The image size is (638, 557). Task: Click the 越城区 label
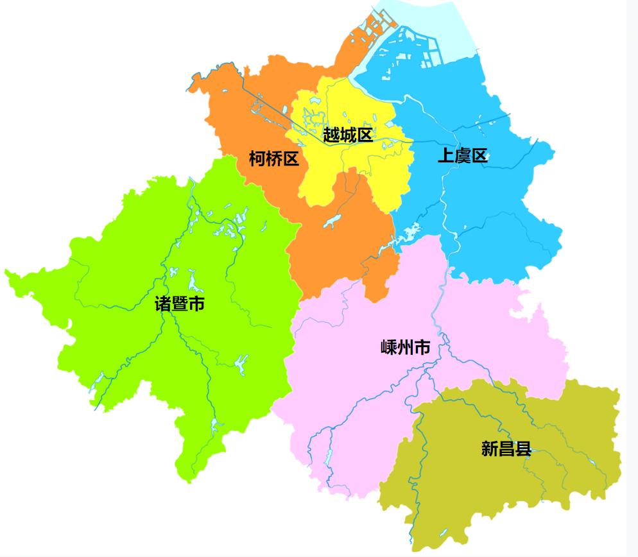pyautogui.click(x=347, y=135)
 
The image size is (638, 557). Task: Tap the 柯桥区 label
pyautogui.click(x=274, y=159)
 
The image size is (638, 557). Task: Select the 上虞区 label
pyautogui.click(x=462, y=155)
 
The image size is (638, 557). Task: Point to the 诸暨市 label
pyautogui.click(x=180, y=304)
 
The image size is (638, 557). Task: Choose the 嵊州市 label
pyautogui.click(x=405, y=348)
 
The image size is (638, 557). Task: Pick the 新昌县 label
pyautogui.click(x=506, y=449)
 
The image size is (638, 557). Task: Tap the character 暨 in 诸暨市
pyautogui.click(x=180, y=304)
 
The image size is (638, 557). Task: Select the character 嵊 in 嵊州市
pyautogui.click(x=389, y=348)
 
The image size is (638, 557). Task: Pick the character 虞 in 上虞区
pyautogui.click(x=462, y=155)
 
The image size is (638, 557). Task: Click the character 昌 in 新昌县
pyautogui.click(x=506, y=449)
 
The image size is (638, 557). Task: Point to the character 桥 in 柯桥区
pyautogui.click(x=274, y=159)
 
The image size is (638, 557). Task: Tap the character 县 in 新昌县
pyautogui.click(x=523, y=449)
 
